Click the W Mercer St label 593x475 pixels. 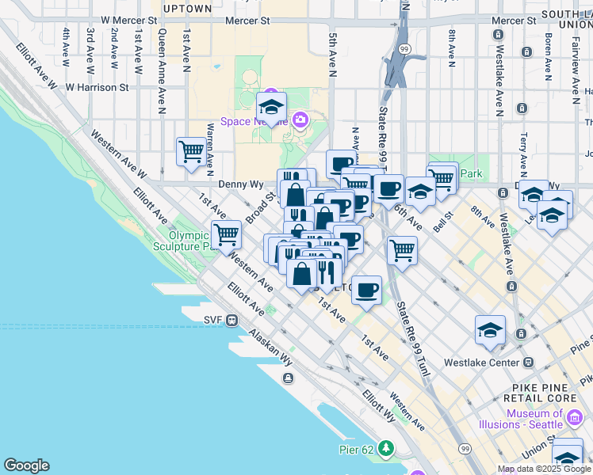121,20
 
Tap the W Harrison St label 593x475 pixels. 97,87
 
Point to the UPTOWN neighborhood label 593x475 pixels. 187,9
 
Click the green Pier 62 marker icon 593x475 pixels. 386,449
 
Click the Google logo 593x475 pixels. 26,465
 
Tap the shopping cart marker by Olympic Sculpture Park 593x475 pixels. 227,234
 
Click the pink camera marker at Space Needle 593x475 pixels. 300,120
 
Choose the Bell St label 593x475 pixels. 442,219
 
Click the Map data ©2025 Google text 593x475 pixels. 544,469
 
